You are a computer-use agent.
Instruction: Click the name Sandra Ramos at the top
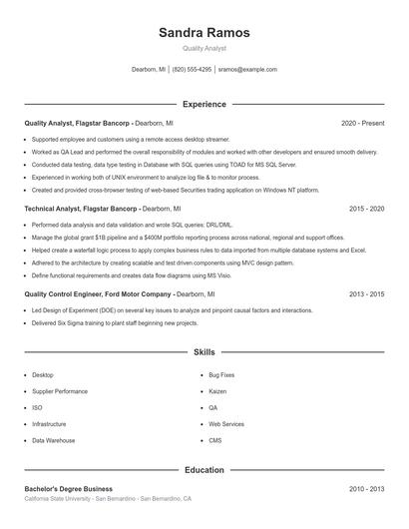point(204,32)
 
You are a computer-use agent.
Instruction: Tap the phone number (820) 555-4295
point(192,70)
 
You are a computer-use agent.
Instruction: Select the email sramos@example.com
point(247,70)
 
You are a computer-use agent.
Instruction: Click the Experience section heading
point(204,104)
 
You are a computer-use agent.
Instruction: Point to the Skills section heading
point(204,352)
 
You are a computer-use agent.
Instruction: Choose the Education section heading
point(204,469)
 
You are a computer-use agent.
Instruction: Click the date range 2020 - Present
point(362,123)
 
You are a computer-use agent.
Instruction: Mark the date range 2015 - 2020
point(366,209)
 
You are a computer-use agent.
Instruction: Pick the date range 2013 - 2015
point(366,294)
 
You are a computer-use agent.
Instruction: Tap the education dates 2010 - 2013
point(366,489)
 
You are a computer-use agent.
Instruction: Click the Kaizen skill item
point(218,391)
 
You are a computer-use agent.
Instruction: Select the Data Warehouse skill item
point(53,440)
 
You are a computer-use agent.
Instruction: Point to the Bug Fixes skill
point(221,375)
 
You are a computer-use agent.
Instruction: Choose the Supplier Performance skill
point(60,391)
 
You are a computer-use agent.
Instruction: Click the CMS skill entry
point(215,440)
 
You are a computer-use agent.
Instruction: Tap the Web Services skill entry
point(226,424)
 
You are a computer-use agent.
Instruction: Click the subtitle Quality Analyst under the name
point(204,48)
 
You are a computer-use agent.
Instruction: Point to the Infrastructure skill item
point(49,424)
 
